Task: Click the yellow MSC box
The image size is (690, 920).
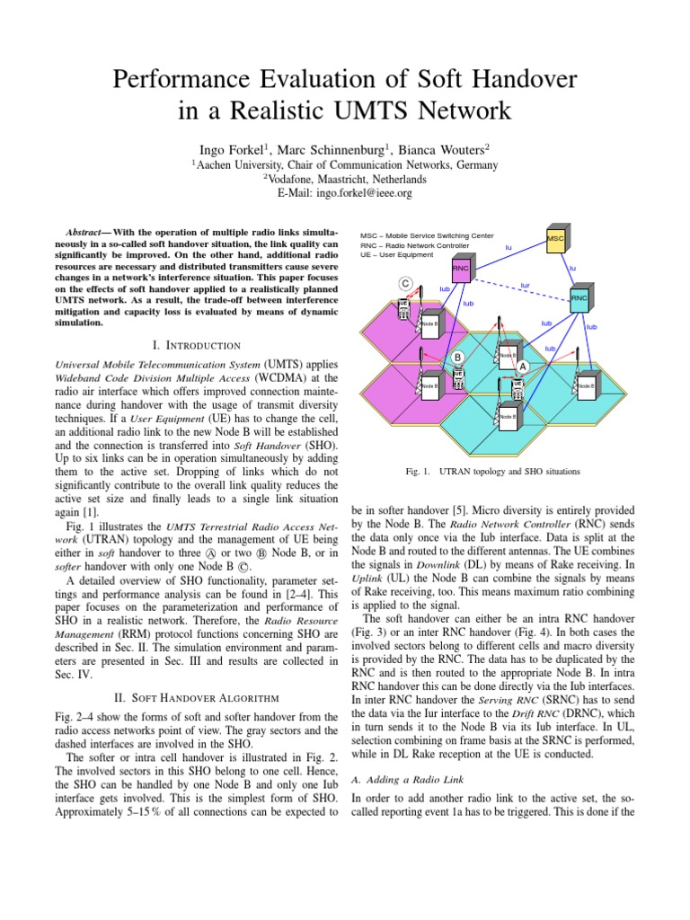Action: click(x=555, y=238)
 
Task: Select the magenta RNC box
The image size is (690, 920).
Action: click(x=461, y=268)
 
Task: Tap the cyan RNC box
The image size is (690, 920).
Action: click(x=579, y=298)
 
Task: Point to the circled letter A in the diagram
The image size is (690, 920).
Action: click(x=522, y=366)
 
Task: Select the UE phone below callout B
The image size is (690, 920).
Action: click(x=458, y=377)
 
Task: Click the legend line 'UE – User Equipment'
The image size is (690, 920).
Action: click(x=396, y=255)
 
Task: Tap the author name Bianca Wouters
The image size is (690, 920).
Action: click(x=447, y=148)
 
